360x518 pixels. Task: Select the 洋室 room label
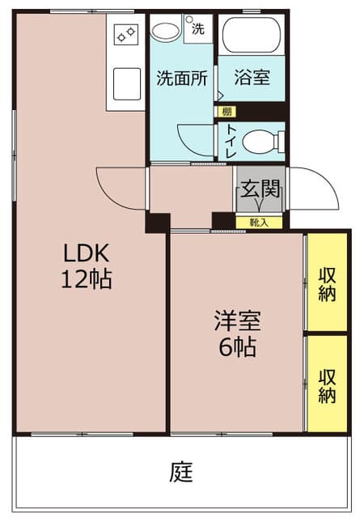[237, 321]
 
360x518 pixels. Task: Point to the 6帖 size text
[237, 348]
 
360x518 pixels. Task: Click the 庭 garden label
[181, 472]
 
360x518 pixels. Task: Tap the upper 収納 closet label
[327, 282]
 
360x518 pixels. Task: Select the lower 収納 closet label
[327, 386]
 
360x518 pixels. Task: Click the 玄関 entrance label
[260, 191]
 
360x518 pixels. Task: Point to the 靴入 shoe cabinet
[259, 221]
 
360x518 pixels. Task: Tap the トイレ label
[231, 142]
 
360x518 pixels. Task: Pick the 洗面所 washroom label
[181, 79]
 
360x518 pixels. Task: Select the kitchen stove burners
[127, 33]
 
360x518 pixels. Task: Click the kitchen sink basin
[128, 82]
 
